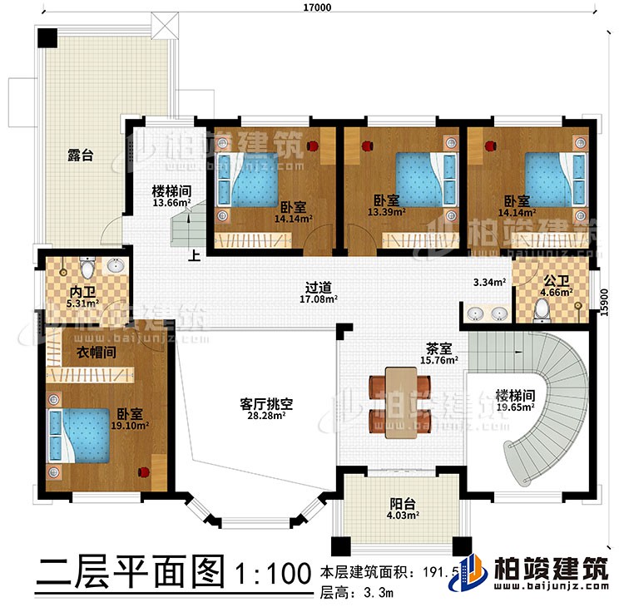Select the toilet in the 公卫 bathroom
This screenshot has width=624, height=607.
pos(542,309)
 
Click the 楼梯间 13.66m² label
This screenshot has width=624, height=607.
pos(171,195)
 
